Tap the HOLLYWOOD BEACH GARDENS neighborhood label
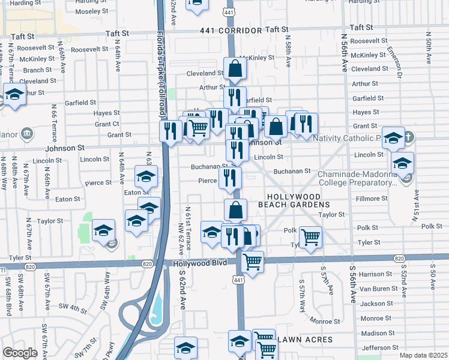[298, 200]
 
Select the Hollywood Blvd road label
[202, 263]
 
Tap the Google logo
[20, 353]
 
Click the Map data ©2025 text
[423, 355]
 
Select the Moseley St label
[92, 11]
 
